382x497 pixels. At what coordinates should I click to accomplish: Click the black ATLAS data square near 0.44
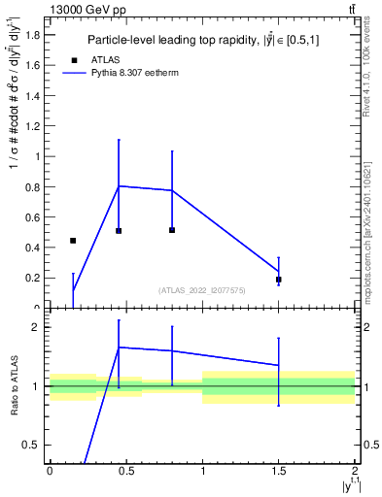73,240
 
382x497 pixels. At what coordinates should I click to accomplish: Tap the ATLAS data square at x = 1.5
279,280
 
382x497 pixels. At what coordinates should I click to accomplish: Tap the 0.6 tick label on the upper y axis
33,217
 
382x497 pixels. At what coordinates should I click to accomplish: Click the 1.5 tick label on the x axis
279,471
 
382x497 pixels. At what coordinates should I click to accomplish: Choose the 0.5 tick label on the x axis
125,471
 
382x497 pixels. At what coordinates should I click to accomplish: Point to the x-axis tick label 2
355,471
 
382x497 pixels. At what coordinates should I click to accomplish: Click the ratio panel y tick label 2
36,327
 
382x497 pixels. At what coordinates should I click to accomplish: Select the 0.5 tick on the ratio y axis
32,445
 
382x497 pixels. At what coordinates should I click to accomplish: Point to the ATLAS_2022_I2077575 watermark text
202,290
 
